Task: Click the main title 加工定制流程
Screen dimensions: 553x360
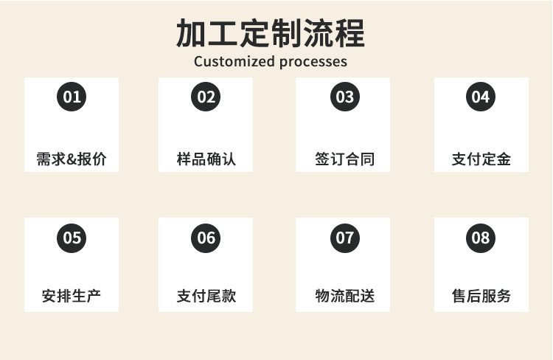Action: coord(270,33)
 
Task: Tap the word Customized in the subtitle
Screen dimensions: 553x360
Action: coord(234,61)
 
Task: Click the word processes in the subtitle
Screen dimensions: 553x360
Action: coord(313,61)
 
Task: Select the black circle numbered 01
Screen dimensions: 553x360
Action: coord(72,97)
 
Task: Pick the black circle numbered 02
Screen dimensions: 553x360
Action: coord(206,97)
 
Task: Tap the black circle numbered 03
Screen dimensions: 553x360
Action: coord(344,97)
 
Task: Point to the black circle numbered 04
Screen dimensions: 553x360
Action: coord(481,97)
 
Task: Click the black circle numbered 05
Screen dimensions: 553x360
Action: coord(72,238)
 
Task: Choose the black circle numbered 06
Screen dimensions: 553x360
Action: coord(206,238)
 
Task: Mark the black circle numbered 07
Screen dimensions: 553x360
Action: coord(344,238)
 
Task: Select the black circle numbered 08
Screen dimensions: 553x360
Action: coord(481,238)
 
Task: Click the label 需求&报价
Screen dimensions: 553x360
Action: coord(72,159)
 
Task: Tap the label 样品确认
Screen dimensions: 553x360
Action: coord(206,159)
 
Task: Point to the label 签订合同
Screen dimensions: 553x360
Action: coord(344,159)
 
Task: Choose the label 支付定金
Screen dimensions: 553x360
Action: coord(481,159)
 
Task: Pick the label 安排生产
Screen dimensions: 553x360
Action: coord(72,297)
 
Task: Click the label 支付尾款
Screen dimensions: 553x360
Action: coord(206,297)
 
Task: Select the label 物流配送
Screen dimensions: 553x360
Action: coord(344,297)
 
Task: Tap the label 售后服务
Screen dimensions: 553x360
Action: coord(481,297)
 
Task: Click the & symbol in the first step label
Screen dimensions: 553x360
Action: coord(72,159)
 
